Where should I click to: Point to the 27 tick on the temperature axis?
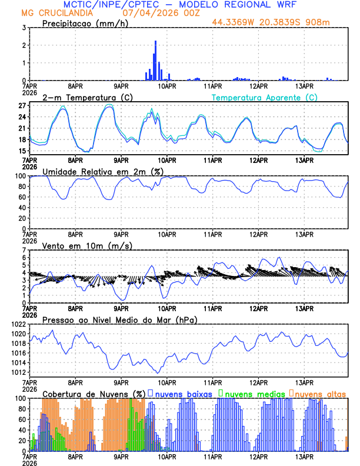tap(21, 106)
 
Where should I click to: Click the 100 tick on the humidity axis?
tap(19, 176)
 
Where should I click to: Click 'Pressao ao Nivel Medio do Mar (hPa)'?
tap(120, 319)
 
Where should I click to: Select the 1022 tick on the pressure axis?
tap(17, 324)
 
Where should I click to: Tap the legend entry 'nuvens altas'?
tap(321, 393)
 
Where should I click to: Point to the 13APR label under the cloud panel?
tap(304, 456)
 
